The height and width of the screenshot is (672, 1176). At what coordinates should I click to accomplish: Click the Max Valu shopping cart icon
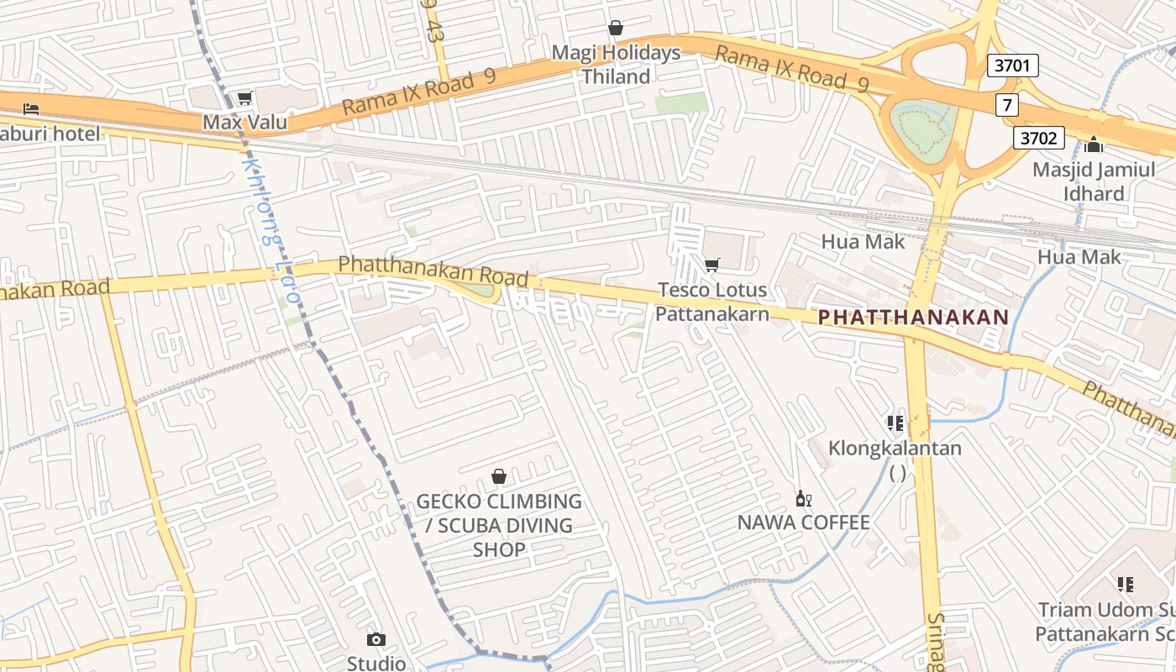[244, 98]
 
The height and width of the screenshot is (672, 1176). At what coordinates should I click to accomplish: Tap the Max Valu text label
[244, 123]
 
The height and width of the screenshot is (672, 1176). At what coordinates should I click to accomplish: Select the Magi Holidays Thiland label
[616, 65]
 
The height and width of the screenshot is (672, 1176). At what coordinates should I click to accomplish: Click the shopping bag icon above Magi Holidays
[616, 28]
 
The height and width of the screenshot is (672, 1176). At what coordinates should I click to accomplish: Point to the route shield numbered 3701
[1012, 66]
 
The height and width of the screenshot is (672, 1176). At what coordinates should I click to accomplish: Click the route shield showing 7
[1006, 105]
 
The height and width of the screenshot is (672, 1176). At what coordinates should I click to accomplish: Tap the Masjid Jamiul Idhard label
[1094, 181]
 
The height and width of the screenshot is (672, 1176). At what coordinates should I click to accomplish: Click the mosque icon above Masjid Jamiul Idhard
[1094, 144]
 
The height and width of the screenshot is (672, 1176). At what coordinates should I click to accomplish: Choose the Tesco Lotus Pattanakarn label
[711, 302]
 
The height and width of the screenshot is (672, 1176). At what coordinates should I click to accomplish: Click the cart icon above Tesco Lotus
[711, 265]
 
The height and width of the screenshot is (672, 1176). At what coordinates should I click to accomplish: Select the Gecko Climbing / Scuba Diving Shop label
[499, 525]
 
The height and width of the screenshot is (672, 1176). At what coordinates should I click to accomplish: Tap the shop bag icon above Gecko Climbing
[499, 477]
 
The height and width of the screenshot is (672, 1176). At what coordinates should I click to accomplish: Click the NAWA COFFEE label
[803, 522]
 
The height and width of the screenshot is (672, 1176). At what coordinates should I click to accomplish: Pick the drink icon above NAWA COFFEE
[803, 498]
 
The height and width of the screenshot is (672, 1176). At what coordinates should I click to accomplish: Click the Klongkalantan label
[895, 448]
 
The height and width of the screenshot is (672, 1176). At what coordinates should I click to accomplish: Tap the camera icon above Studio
[376, 640]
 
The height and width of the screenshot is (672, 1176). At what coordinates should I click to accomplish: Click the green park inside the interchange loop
[924, 130]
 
